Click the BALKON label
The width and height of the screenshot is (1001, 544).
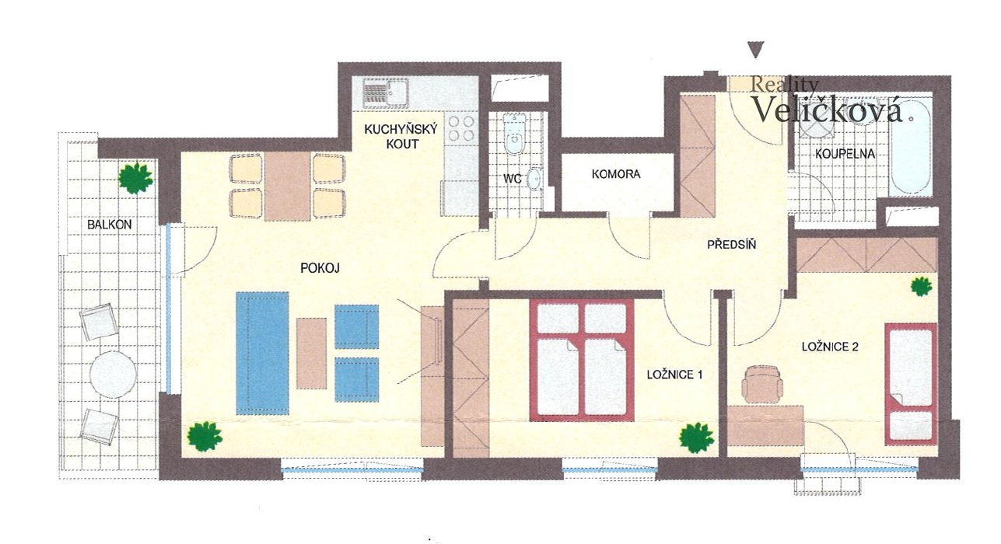[110, 225]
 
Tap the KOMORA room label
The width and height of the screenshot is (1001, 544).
[616, 174]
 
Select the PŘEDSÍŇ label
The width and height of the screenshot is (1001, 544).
[732, 244]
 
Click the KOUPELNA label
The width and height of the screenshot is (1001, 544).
[845, 154]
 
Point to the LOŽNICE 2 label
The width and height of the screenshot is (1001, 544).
[830, 347]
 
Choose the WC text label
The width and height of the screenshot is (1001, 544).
[512, 179]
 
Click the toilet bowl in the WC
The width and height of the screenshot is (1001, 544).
[514, 133]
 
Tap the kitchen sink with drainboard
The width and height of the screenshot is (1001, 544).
[385, 93]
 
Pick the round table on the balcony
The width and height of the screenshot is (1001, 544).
[113, 375]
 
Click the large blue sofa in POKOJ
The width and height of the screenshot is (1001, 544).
[262, 353]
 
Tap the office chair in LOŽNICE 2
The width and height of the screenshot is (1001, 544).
[762, 384]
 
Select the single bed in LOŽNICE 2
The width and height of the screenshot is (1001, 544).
[911, 384]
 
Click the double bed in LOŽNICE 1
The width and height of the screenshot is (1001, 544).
[581, 360]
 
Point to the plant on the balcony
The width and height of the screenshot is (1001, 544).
[135, 178]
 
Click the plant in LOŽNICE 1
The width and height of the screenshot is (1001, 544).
[696, 438]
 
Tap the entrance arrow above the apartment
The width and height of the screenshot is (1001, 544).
[756, 50]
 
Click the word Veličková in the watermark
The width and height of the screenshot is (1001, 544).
[827, 109]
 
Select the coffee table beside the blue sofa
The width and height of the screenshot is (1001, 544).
[311, 353]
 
